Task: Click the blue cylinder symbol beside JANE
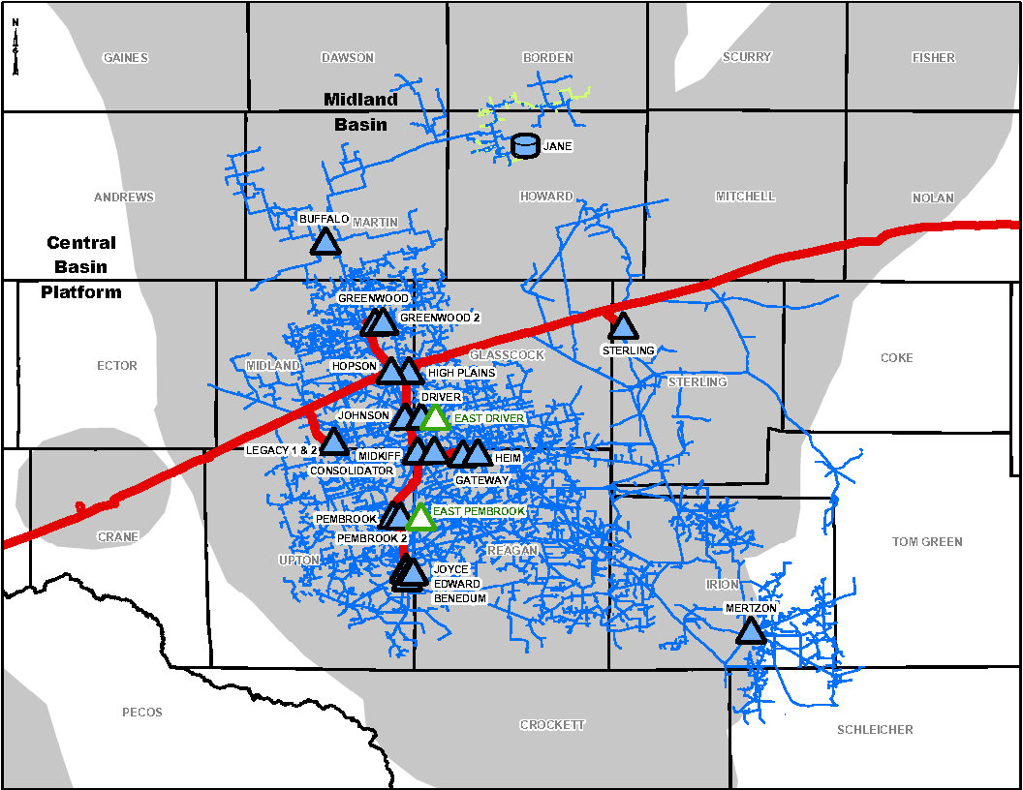click(x=525, y=146)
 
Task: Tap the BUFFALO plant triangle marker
click(x=326, y=242)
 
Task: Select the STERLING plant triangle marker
click(x=622, y=326)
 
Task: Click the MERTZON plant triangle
click(x=751, y=631)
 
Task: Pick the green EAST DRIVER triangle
click(x=435, y=418)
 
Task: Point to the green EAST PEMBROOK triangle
click(x=420, y=517)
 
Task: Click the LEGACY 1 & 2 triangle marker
click(x=334, y=442)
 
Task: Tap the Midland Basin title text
click(x=360, y=111)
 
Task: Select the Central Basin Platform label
click(x=81, y=267)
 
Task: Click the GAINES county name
click(x=126, y=58)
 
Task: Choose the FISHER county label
click(x=933, y=58)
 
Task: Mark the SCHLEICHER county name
click(x=875, y=730)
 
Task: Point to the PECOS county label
click(x=142, y=713)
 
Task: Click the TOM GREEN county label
click(x=927, y=542)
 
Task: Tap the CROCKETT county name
click(x=552, y=725)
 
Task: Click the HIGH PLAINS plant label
click(x=461, y=373)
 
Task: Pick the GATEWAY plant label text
click(x=481, y=480)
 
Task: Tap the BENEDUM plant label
click(x=459, y=599)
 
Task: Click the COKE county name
click(x=896, y=358)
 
